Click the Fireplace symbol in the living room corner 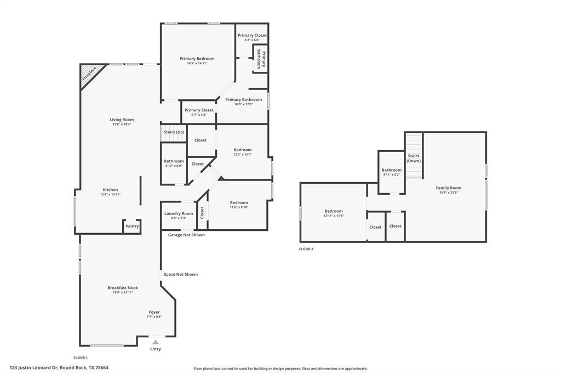tap(89, 73)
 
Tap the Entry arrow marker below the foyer tap(156, 342)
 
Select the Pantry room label tap(132, 226)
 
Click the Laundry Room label tap(179, 213)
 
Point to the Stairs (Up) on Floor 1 tap(174, 132)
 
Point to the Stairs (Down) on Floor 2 tap(414, 158)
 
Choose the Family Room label tap(448, 188)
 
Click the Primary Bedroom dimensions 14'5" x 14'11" tap(197, 63)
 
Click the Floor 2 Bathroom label tap(391, 170)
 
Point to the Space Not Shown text tap(180, 274)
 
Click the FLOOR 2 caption tap(306, 249)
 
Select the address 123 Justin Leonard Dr tap(59, 367)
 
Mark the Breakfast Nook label tap(123, 287)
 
